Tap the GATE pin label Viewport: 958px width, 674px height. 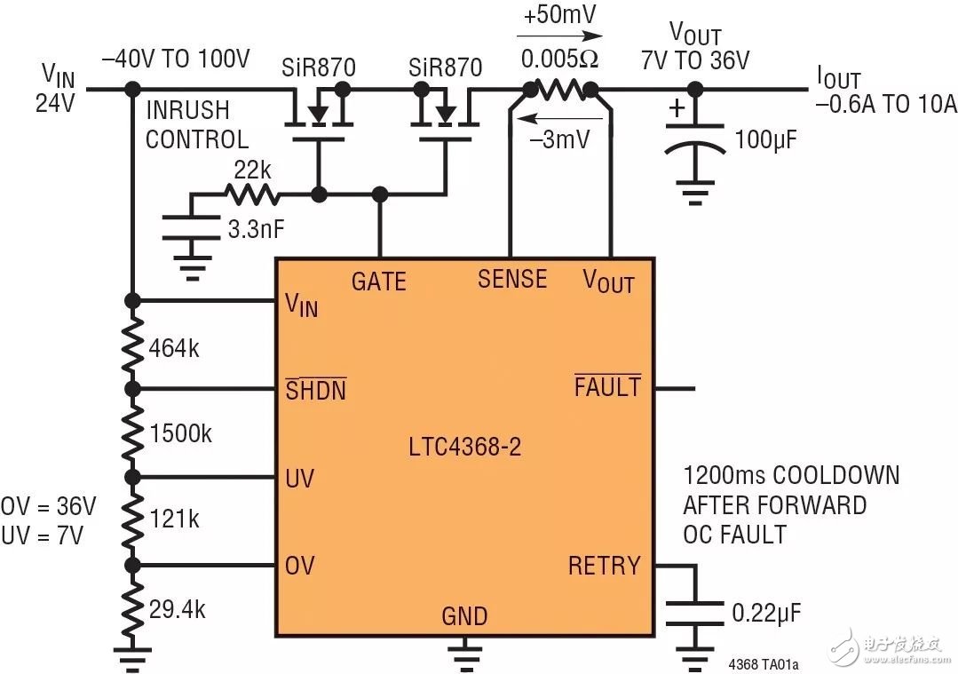378,281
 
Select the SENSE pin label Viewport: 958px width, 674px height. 512,279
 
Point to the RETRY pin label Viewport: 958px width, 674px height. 604,566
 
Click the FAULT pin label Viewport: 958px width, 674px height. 607,387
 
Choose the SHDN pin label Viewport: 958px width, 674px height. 316,390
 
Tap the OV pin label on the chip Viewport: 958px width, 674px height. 300,566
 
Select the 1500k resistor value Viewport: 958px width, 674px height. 179,434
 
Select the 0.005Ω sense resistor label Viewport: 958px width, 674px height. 560,61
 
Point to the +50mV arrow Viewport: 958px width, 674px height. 560,36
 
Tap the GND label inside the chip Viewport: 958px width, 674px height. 464,615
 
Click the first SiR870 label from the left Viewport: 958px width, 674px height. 319,67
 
